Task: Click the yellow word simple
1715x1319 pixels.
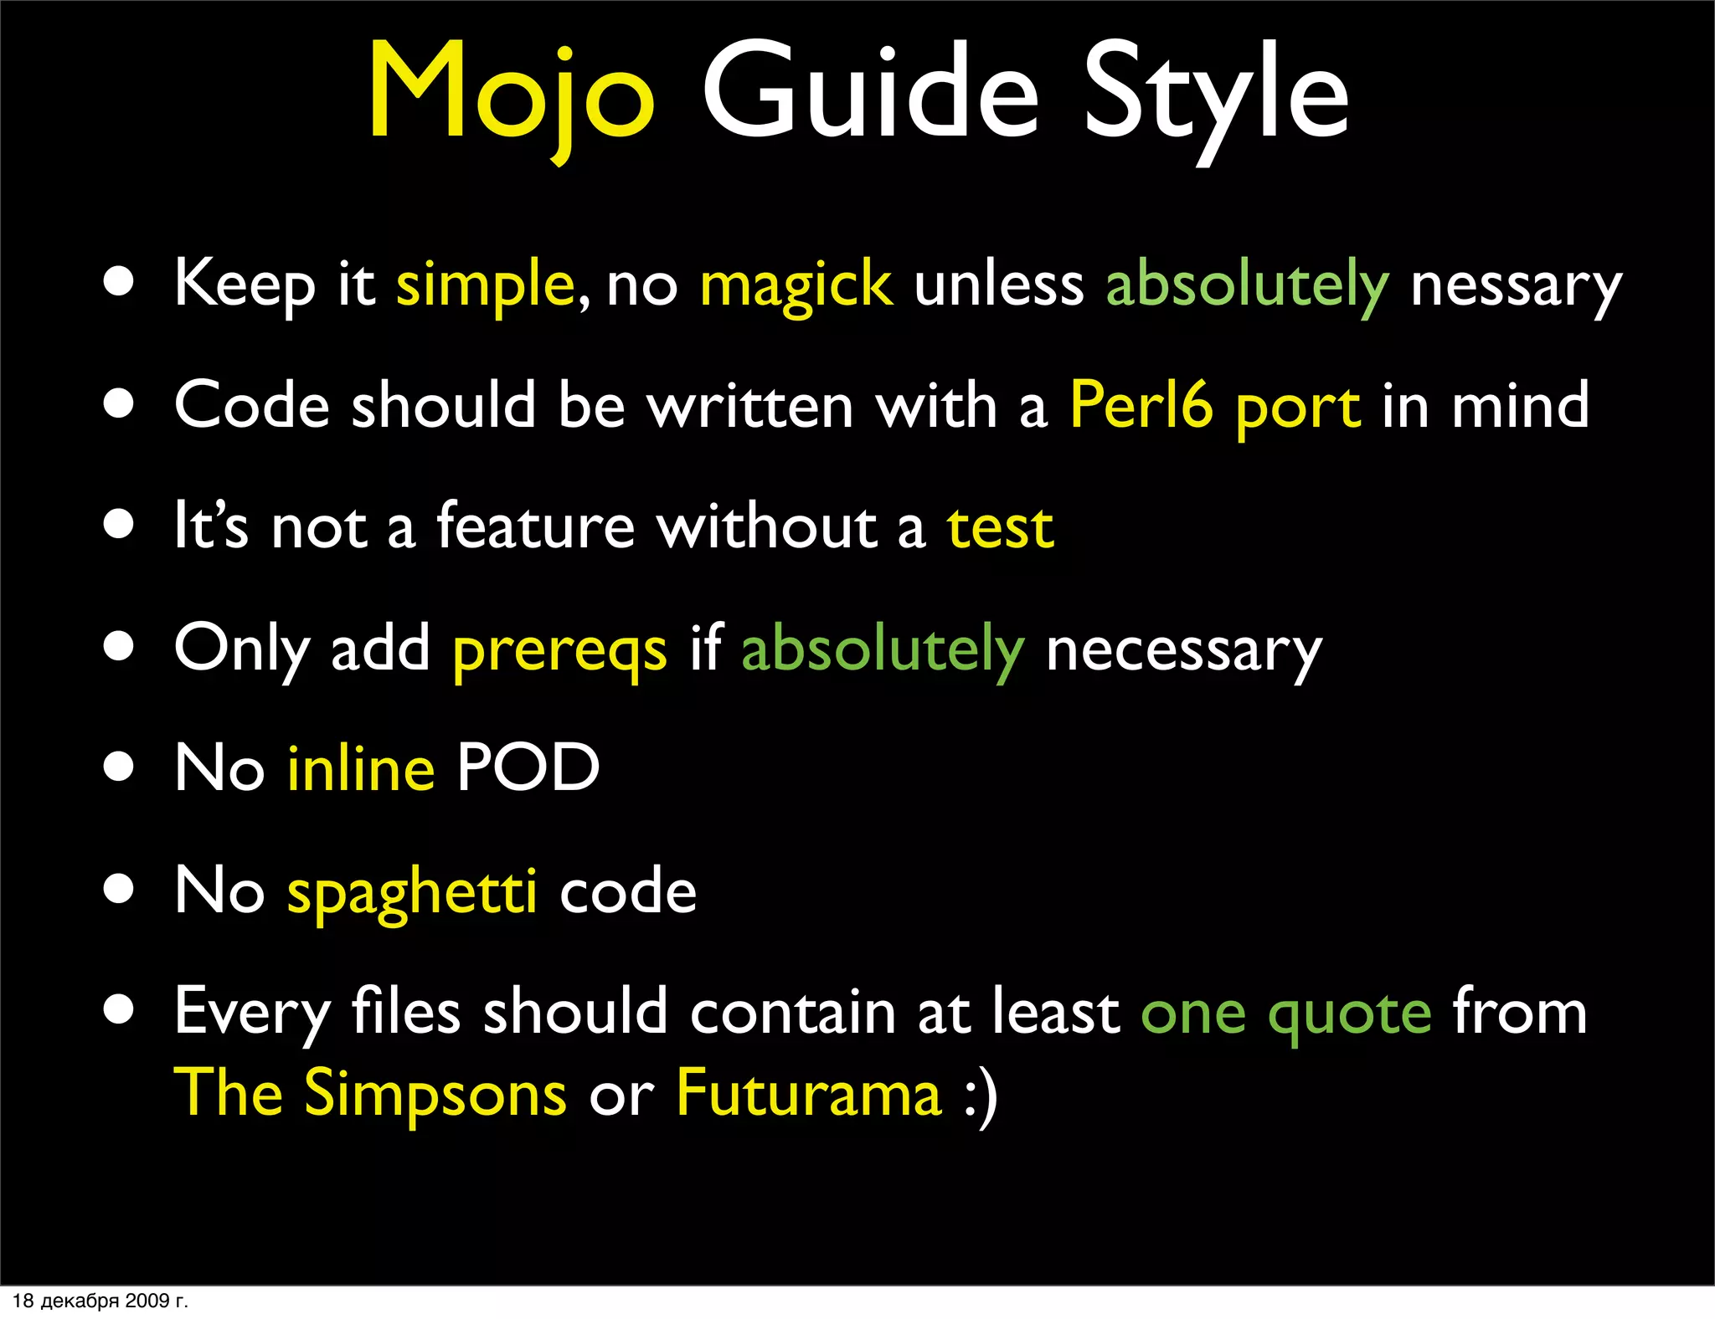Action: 485,285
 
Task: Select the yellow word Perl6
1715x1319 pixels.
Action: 1141,406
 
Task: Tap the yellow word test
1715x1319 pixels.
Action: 1000,528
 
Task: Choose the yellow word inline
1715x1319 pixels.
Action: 361,768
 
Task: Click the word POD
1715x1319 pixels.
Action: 528,768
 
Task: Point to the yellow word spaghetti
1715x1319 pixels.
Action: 412,892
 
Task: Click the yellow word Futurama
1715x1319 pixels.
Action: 809,1093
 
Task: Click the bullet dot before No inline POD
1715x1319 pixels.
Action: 119,767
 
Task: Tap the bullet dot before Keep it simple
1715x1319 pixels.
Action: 119,283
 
